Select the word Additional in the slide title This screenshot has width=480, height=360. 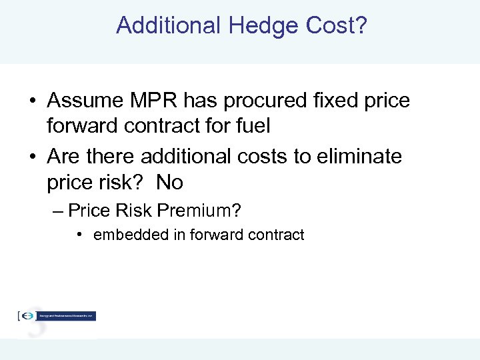(x=168, y=25)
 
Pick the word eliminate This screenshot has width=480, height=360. (x=361, y=157)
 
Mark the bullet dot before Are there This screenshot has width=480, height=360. (x=32, y=157)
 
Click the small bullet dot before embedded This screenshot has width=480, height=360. (x=79, y=235)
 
